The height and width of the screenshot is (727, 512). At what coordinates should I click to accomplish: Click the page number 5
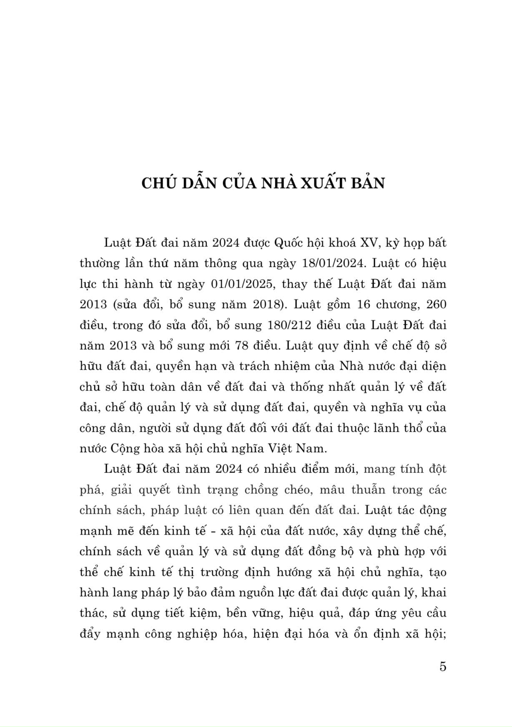442,667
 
